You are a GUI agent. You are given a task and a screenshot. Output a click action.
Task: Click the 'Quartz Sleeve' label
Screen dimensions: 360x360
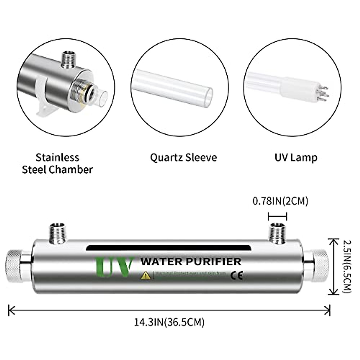(x=183, y=157)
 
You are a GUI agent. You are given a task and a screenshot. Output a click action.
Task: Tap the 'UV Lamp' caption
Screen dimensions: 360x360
(x=296, y=157)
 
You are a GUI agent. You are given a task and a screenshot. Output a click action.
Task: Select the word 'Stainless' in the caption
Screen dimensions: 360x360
(x=57, y=157)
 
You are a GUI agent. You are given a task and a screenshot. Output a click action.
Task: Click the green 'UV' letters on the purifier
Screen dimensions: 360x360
(x=114, y=266)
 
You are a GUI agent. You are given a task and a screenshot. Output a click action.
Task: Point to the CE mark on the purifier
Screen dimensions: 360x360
(x=236, y=275)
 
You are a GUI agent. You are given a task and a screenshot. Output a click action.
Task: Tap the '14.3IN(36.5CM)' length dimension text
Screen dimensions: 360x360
(x=169, y=322)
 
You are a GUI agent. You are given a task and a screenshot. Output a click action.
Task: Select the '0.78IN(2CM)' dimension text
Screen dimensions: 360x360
(x=280, y=201)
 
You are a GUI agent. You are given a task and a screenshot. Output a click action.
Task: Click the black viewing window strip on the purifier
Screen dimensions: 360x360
(x=168, y=248)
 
